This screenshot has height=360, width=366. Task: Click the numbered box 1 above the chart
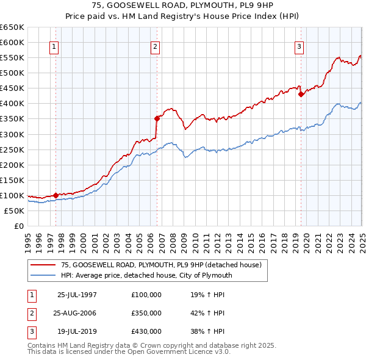54,46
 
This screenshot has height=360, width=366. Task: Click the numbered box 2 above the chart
156,46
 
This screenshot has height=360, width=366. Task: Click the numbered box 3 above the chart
300,46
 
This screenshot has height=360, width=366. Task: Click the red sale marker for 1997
56,195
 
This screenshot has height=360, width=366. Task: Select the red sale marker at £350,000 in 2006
157,118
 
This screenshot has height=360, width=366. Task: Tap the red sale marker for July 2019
301,94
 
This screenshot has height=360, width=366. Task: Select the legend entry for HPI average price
146,275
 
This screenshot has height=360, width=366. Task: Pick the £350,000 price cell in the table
146,313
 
